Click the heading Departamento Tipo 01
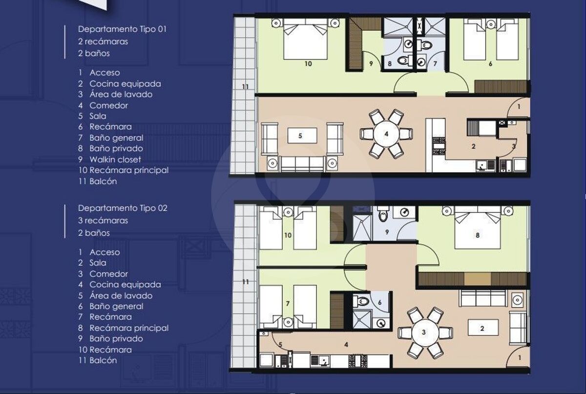tap(122, 29)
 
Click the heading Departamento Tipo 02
tap(123, 208)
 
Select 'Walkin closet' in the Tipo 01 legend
tap(115, 159)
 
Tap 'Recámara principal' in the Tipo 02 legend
tap(129, 328)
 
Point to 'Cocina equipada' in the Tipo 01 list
tap(125, 84)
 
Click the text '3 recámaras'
tap(103, 220)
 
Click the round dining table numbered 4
tap(386, 134)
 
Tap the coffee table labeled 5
tap(302, 136)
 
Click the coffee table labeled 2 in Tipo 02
tap(482, 328)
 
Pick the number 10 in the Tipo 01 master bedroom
tap(308, 63)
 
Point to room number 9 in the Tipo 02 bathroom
tap(387, 232)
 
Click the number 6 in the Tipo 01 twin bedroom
tap(490, 63)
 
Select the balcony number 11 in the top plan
tap(245, 86)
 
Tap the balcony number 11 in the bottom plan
tap(245, 282)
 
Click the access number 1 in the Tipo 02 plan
tap(520, 358)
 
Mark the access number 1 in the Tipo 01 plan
tap(519, 106)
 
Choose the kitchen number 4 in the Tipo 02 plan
tap(346, 345)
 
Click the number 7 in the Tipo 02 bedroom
tap(288, 303)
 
